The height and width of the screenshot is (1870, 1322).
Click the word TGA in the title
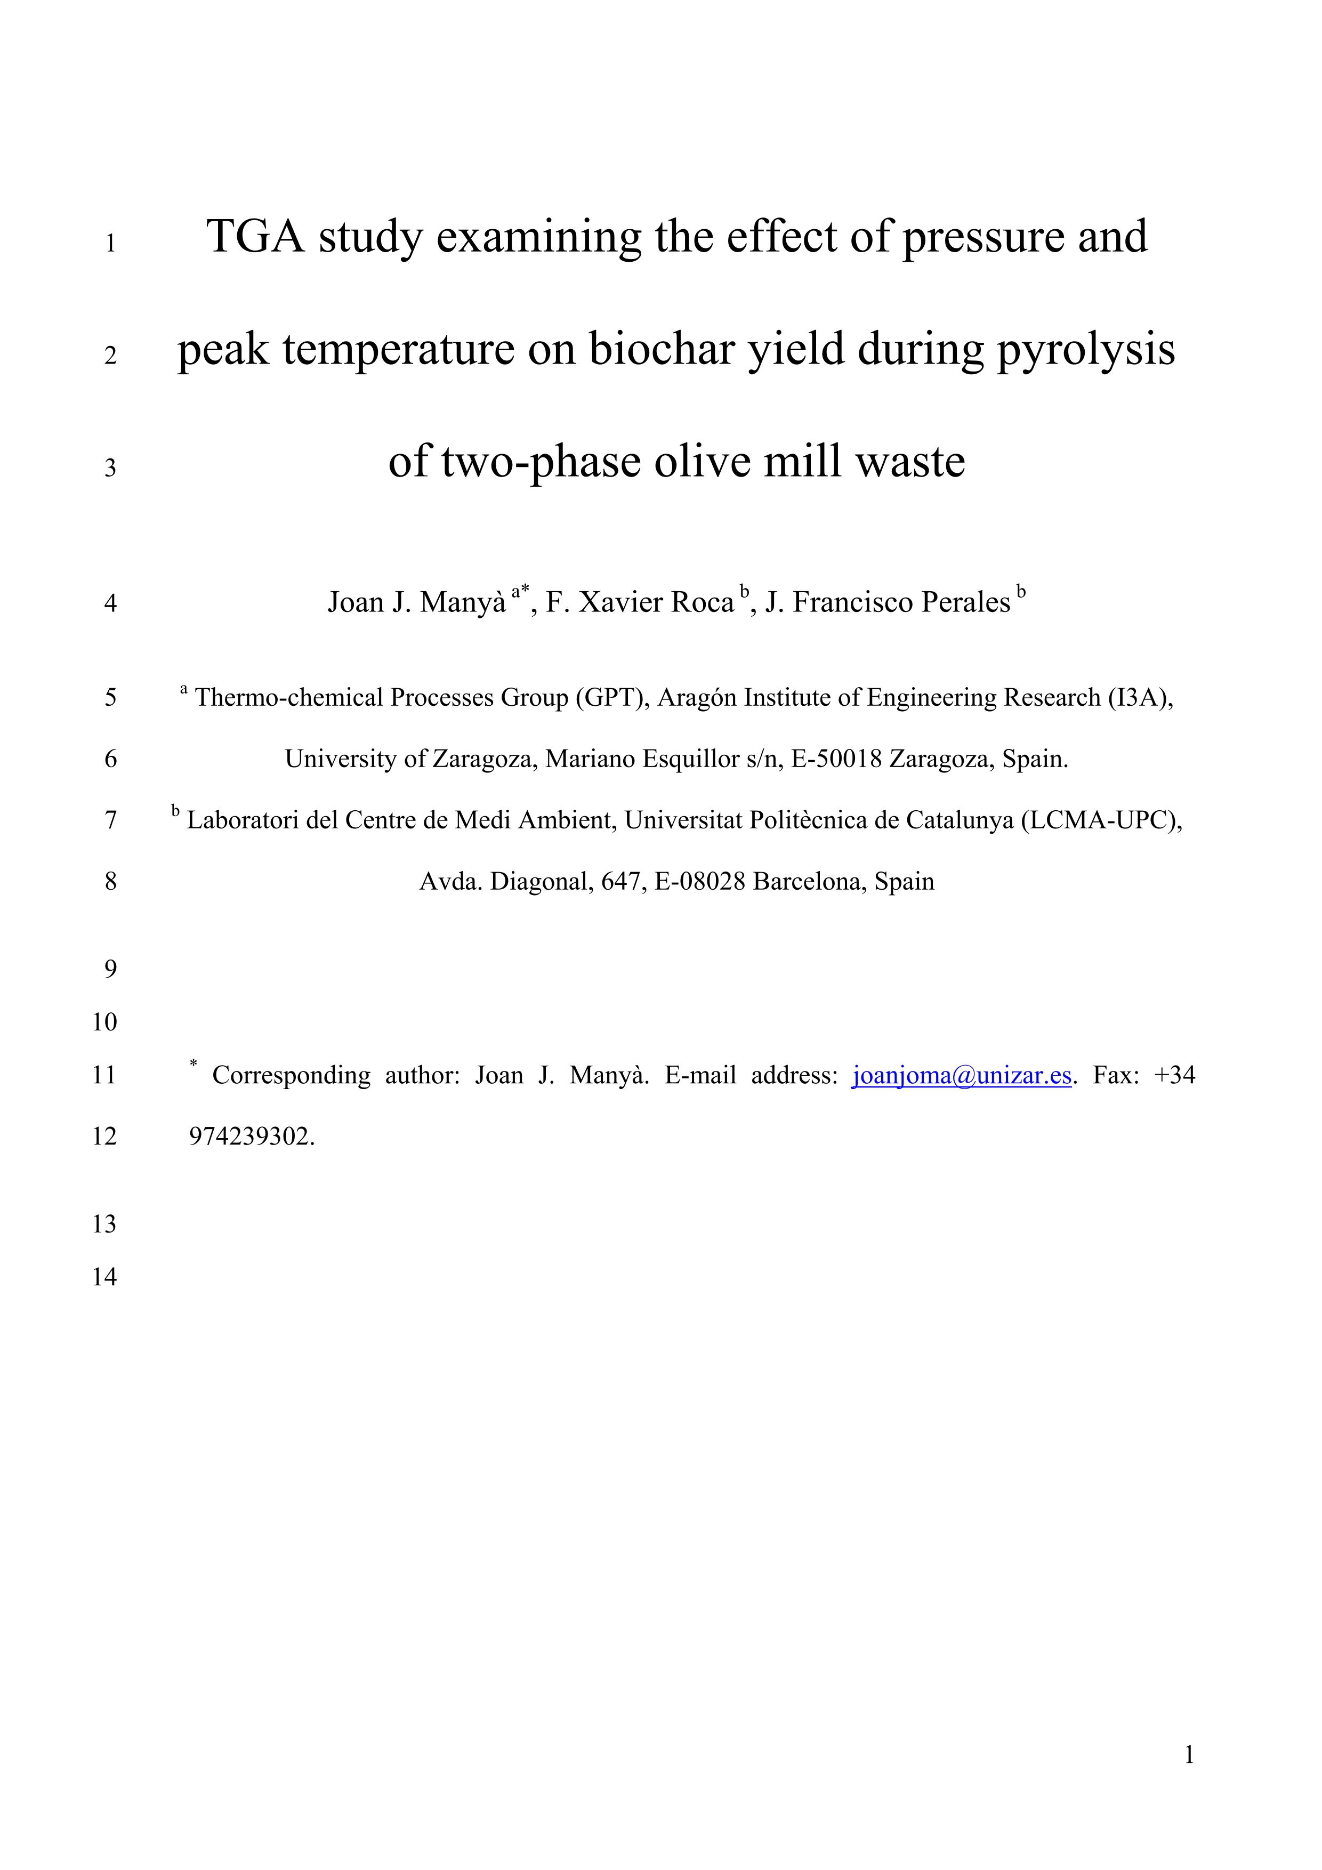click(255, 237)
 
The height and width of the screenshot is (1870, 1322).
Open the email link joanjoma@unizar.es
click(961, 1076)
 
